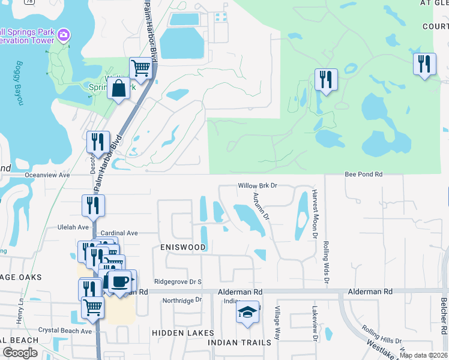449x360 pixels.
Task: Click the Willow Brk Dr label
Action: pyautogui.click(x=257, y=186)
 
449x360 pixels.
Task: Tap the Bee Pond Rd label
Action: pyautogui.click(x=363, y=174)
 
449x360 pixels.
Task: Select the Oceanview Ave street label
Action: pyautogui.click(x=47, y=175)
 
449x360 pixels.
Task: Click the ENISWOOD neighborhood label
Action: pyautogui.click(x=182, y=247)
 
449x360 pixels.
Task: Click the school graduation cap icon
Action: pyautogui.click(x=247, y=312)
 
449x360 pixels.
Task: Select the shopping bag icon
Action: pyautogui.click(x=119, y=88)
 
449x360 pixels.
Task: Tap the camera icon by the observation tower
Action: pyautogui.click(x=64, y=36)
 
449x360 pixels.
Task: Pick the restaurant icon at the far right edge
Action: pyautogui.click(x=424, y=64)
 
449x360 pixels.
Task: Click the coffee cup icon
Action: pyautogui.click(x=119, y=281)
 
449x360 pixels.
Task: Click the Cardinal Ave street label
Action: pyautogui.click(x=119, y=233)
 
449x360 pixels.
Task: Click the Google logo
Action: pyautogui.click(x=20, y=353)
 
